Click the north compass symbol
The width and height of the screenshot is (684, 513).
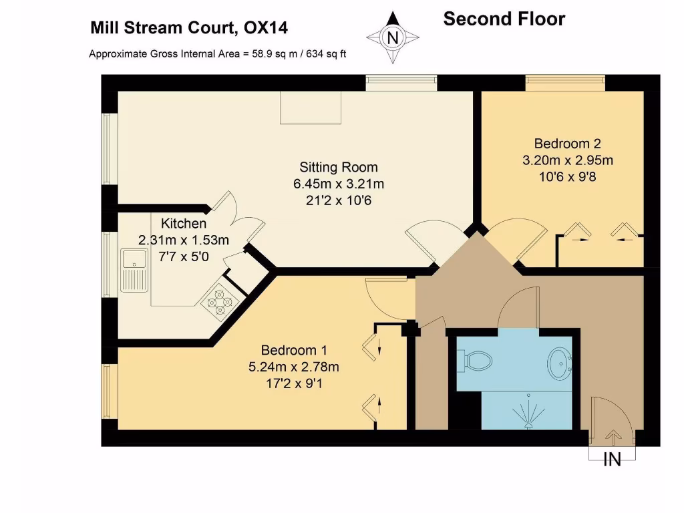393,37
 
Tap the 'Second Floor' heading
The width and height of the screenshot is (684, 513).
504,19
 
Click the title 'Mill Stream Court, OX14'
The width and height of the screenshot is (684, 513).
189,28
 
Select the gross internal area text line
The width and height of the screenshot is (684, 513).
217,54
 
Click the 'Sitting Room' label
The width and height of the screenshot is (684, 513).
338,168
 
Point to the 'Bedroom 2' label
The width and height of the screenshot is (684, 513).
568,144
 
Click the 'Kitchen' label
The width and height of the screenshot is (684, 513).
183,224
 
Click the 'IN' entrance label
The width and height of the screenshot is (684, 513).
612,460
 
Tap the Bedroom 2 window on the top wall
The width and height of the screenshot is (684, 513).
565,82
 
